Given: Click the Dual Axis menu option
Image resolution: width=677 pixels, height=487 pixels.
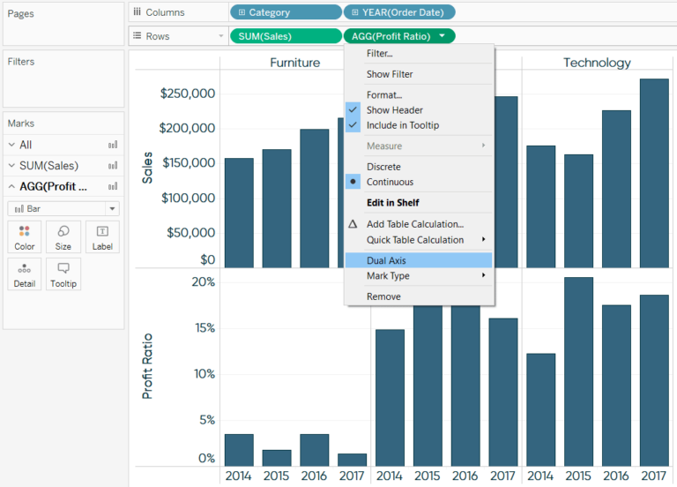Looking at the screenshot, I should [386, 260].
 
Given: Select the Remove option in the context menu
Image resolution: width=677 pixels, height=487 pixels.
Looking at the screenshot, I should [383, 296].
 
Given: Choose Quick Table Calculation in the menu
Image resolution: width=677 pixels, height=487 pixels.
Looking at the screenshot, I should [414, 240].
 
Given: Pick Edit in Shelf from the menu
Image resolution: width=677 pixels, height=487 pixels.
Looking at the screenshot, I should [392, 203].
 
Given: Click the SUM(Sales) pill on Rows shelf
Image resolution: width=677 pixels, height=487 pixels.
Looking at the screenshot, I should [285, 36].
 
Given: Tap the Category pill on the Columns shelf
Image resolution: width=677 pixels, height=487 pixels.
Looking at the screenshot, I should [285, 12].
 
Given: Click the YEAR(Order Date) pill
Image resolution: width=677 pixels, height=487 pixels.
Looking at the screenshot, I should [399, 12].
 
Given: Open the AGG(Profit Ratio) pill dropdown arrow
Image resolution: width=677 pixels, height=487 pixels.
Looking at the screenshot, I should [441, 36].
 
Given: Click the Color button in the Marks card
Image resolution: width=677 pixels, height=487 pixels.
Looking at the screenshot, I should [25, 237].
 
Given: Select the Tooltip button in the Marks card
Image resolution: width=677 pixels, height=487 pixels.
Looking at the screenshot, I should [63, 273].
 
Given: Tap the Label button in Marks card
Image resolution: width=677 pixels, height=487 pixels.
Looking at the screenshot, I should [102, 237].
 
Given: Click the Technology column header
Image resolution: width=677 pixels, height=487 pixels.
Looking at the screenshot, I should [597, 63].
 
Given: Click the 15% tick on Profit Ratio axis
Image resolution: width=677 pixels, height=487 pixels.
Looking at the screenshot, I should [204, 328].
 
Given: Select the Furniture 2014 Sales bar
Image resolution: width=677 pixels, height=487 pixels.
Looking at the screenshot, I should [239, 213].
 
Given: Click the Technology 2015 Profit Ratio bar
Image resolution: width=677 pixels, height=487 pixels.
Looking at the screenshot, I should [578, 371].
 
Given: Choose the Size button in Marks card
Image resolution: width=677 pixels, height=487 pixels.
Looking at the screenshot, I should [63, 237].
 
